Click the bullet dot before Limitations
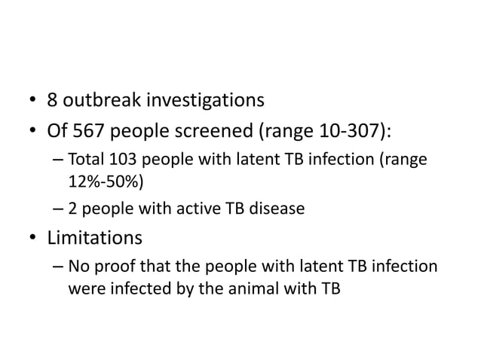34,239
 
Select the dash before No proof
58,267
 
